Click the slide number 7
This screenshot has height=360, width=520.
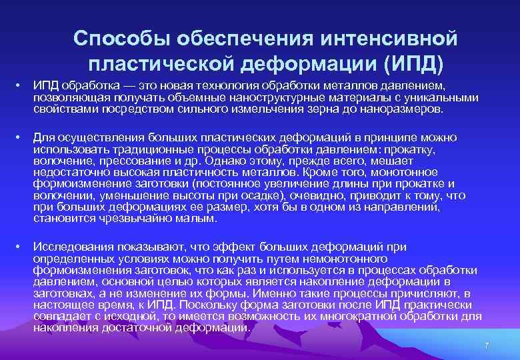point(487,345)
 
